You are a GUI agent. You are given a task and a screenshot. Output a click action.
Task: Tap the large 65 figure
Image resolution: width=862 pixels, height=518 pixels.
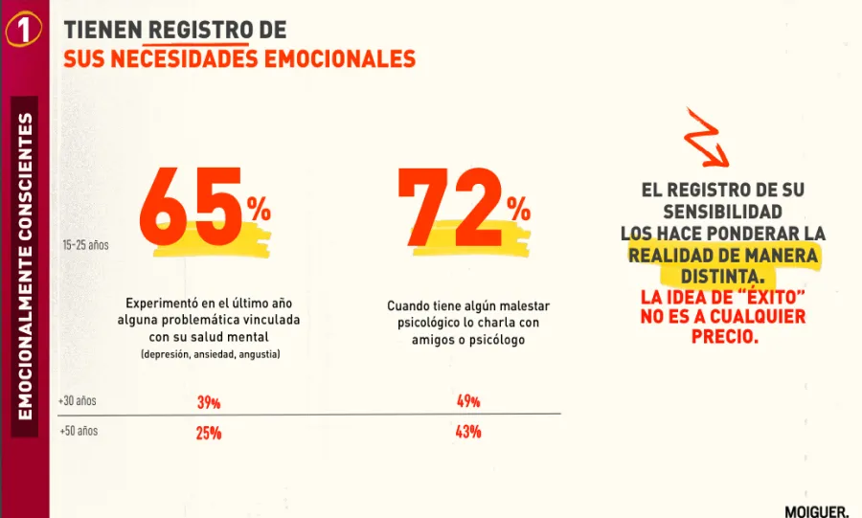pyautogui.click(x=192, y=207)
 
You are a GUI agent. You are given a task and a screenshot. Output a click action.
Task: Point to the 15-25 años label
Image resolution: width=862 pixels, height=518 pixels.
pyautogui.click(x=86, y=245)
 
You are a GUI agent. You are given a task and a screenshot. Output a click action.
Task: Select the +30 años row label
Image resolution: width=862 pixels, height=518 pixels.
pyautogui.click(x=78, y=400)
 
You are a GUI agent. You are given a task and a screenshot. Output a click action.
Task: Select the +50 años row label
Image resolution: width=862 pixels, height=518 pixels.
pyautogui.click(x=78, y=431)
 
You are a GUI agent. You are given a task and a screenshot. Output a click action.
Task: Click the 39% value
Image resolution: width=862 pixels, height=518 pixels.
pyautogui.click(x=209, y=402)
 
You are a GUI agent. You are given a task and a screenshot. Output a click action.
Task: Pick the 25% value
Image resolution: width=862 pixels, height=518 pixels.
pyautogui.click(x=209, y=433)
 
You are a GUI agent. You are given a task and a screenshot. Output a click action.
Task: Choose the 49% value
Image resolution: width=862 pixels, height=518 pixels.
pyautogui.click(x=468, y=401)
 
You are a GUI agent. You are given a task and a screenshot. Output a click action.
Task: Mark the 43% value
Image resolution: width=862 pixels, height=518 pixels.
pyautogui.click(x=468, y=432)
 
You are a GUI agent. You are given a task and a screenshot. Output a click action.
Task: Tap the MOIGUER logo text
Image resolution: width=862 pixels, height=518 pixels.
pyautogui.click(x=816, y=510)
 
